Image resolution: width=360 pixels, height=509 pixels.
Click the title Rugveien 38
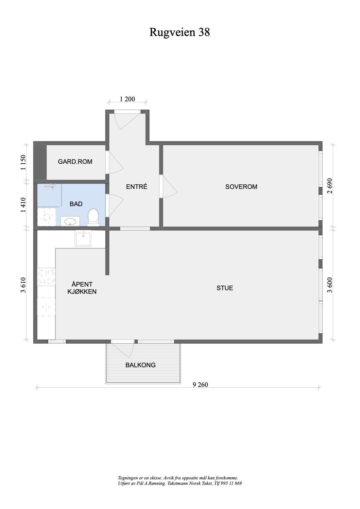click(179, 32)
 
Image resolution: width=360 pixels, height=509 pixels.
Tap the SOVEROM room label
click(241, 187)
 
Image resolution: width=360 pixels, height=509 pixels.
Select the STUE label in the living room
click(225, 288)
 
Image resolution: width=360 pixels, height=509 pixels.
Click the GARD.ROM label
click(75, 162)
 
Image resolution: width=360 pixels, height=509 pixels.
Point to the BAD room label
click(76, 204)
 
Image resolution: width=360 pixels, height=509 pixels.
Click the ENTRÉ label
click(137, 187)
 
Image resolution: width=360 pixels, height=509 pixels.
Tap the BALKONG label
click(140, 365)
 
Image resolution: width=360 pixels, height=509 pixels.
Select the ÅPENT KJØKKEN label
click(82, 288)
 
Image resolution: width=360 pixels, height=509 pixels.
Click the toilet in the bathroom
click(93, 217)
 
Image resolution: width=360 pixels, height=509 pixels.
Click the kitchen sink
click(83, 239)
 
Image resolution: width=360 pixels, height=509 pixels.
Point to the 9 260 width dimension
click(200, 385)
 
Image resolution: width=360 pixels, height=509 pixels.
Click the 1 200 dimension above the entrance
click(127, 99)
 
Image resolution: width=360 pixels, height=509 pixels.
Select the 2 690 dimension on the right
click(329, 186)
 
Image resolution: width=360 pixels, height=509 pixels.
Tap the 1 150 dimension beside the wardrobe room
click(23, 162)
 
